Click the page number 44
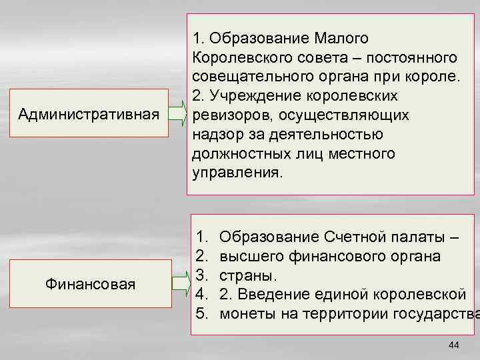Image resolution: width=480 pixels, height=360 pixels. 455,344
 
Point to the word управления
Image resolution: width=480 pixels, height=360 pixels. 237,173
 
